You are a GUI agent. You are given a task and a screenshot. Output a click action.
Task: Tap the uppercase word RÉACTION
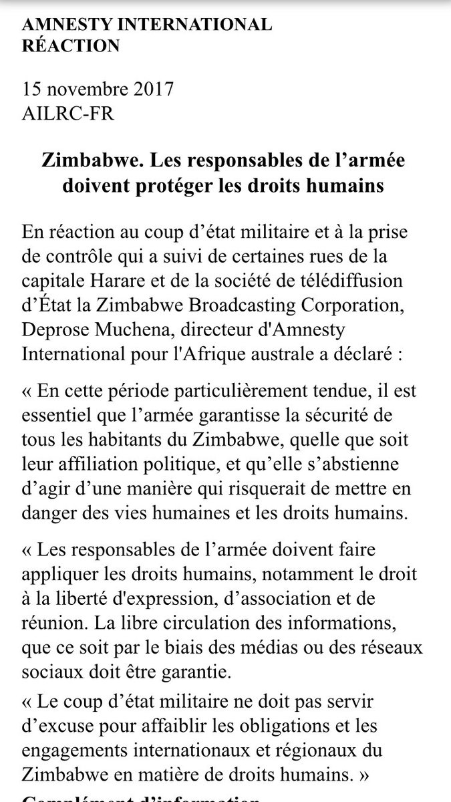71,45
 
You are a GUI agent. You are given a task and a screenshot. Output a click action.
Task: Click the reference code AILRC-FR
68,114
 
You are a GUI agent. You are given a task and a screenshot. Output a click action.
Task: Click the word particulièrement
218,390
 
